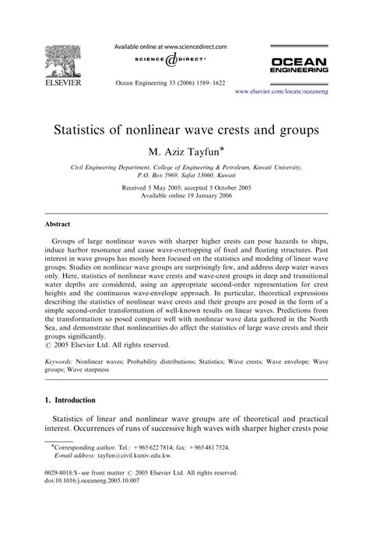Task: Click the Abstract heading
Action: click(x=59, y=221)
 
